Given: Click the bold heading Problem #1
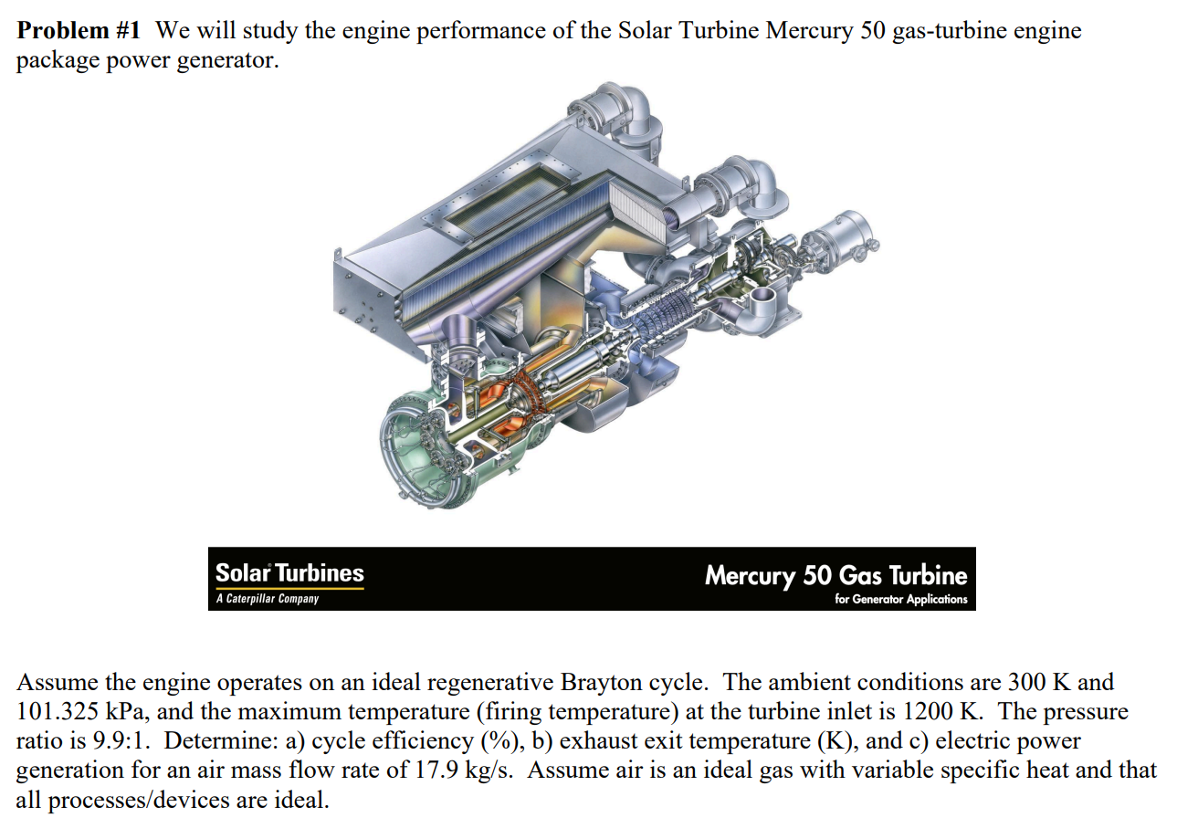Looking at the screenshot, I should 79,31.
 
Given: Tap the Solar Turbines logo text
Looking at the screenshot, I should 289,573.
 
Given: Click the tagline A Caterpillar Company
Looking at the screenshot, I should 268,599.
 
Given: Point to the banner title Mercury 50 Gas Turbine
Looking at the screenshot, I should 835,575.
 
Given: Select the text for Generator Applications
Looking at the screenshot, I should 900,600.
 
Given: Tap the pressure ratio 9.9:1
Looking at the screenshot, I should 121,741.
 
